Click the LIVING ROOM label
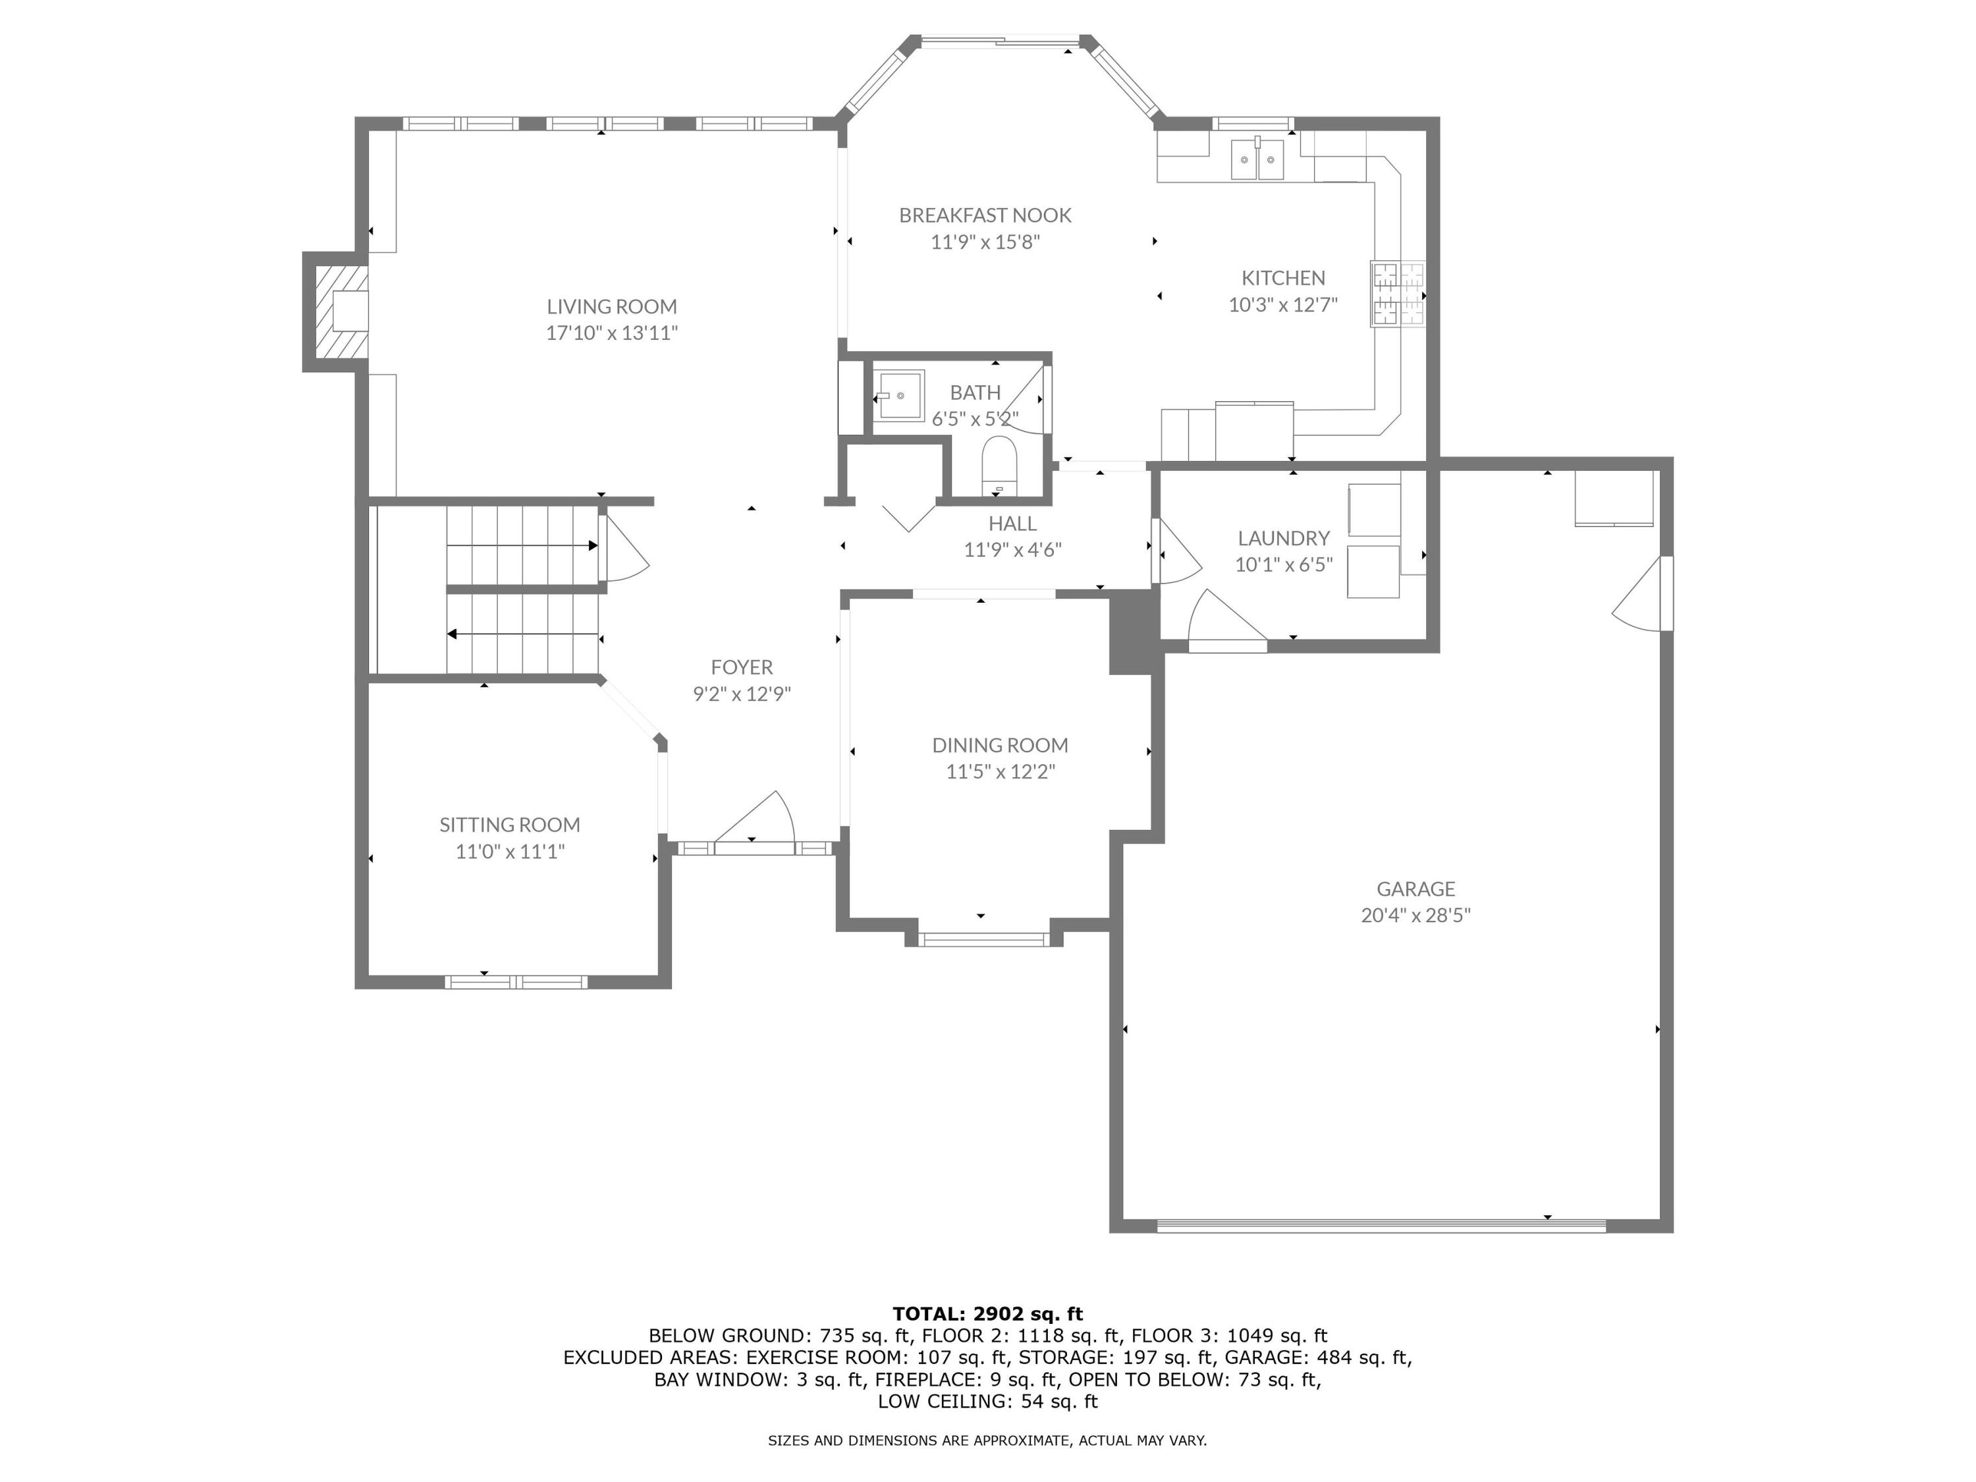(611, 306)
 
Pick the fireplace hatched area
(339, 311)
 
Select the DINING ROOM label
(1000, 745)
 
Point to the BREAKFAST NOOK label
(985, 215)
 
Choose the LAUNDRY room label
(1283, 537)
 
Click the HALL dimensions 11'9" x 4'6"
(1012, 550)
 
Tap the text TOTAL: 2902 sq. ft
(987, 1313)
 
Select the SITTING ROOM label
(509, 825)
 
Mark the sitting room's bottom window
(516, 982)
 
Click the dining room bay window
(983, 939)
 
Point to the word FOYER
(742, 667)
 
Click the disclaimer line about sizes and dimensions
(987, 1440)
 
